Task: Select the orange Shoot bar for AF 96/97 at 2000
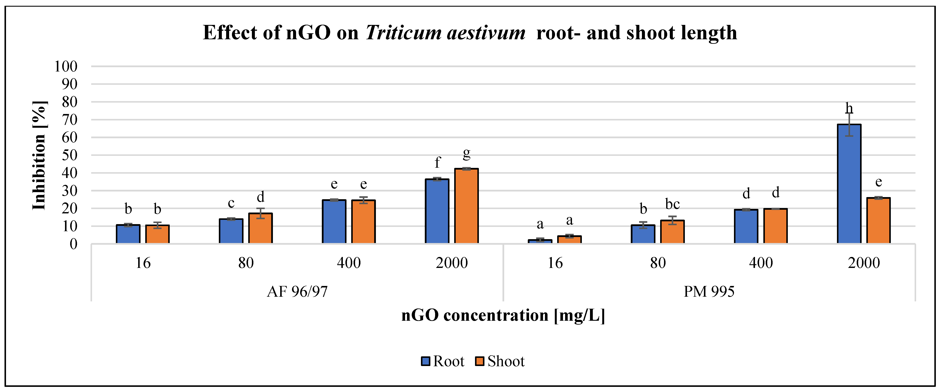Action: coord(466,206)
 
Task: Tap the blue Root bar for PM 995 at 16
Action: coord(540,241)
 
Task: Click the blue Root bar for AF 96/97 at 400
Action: coord(334,221)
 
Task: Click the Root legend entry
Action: coord(443,361)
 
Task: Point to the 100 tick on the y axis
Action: coord(66,67)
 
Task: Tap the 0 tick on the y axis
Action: coord(73,244)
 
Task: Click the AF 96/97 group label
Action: coord(297,292)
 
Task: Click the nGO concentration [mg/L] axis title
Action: coord(503,315)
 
